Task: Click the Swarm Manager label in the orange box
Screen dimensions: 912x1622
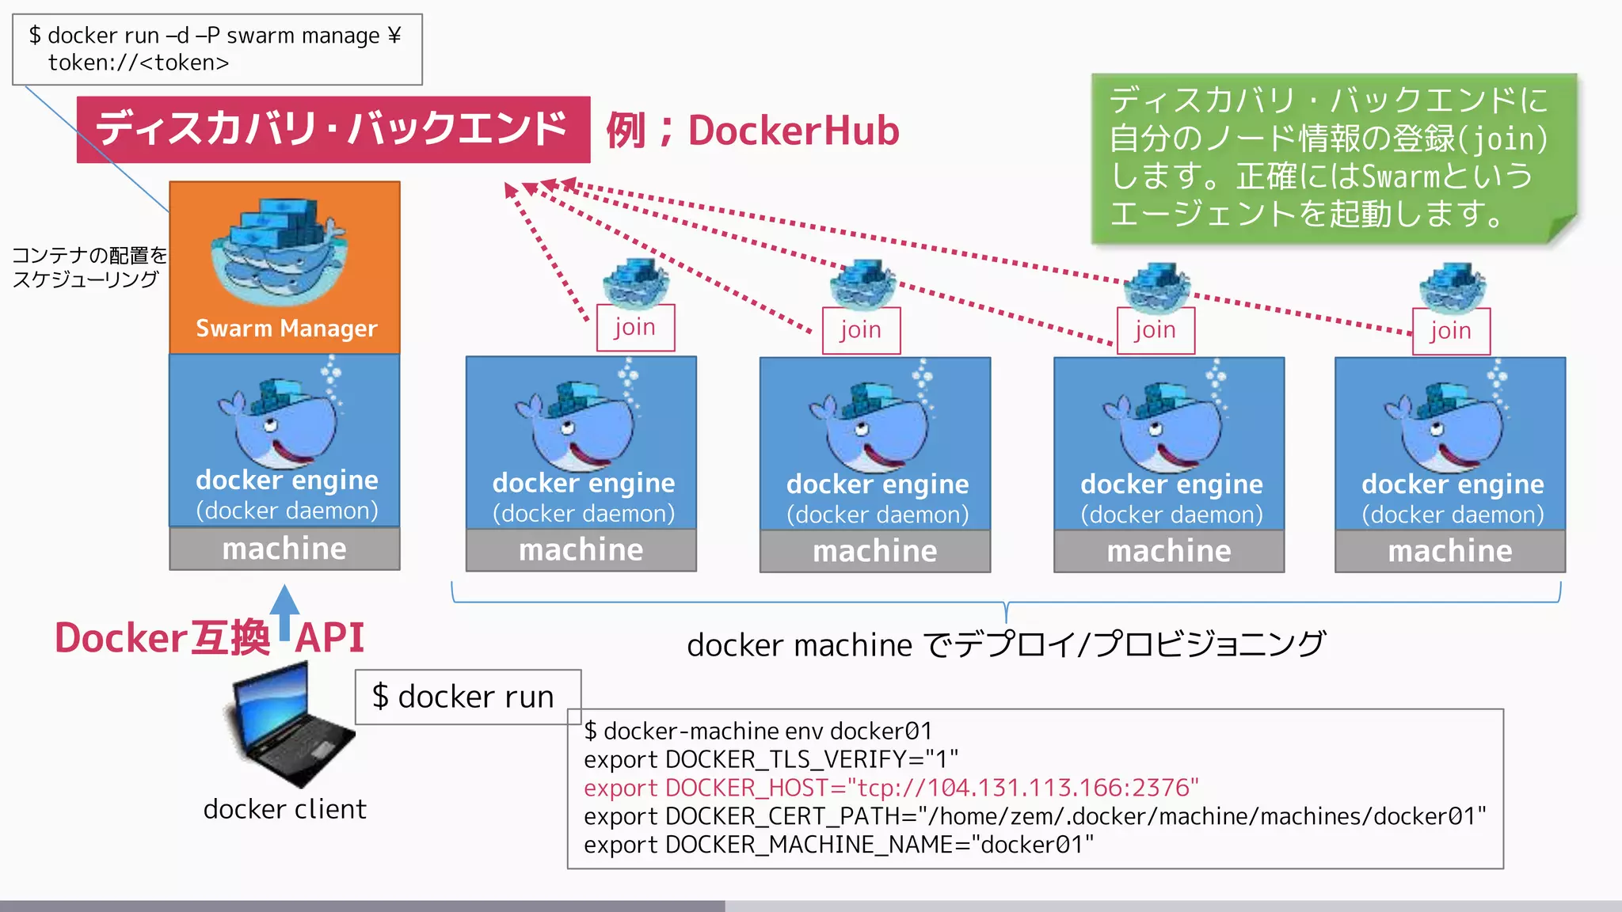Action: click(286, 329)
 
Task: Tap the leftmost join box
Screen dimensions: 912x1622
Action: click(635, 328)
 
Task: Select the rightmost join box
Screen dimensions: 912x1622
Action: click(1451, 331)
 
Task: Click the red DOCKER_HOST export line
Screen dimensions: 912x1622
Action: click(891, 788)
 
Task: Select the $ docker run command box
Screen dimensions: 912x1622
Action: click(466, 697)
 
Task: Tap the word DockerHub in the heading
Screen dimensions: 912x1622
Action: click(794, 131)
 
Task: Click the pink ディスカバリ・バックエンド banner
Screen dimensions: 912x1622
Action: click(333, 129)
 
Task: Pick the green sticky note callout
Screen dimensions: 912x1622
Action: click(1332, 158)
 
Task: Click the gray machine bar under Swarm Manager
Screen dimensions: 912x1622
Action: click(284, 549)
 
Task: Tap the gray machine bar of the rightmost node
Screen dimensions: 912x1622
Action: click(1449, 551)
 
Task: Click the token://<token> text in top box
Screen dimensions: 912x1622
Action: click(139, 63)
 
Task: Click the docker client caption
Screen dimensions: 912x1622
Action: click(284, 809)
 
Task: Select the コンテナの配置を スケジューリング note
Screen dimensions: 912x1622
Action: click(88, 267)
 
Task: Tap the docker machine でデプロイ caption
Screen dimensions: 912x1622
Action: click(1006, 644)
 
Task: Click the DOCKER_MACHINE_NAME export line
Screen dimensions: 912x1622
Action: click(838, 845)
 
